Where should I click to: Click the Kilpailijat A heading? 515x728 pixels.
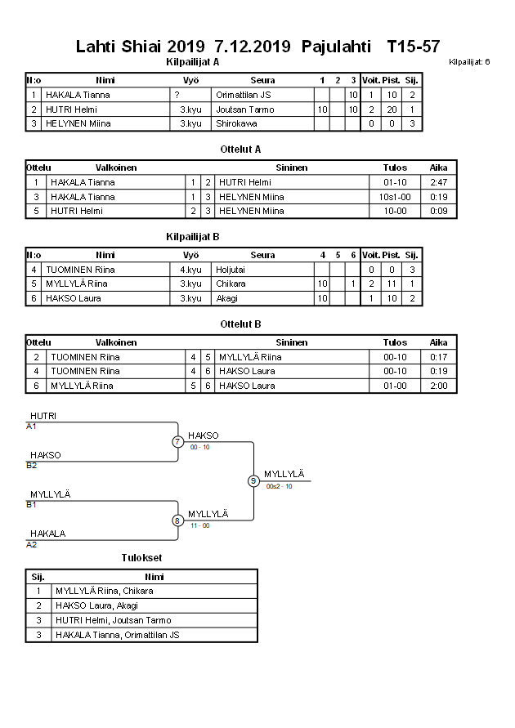coord(192,61)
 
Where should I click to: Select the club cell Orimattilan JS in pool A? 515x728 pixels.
coord(244,95)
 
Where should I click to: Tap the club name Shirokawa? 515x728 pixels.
coord(238,124)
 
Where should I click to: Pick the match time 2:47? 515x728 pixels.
coord(438,182)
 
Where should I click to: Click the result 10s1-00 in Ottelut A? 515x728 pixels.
coord(395,197)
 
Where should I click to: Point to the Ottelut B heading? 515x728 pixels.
coord(240,324)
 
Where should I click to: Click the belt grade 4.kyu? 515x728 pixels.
coord(190,270)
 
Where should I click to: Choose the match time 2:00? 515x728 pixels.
coord(438,386)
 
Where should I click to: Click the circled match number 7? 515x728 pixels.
coord(177,442)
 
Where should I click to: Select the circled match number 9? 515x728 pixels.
coord(253,480)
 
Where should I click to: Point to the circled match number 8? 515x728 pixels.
coord(177,520)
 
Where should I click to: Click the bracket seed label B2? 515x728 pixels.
coord(32,466)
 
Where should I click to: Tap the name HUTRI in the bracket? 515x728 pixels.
coord(43,416)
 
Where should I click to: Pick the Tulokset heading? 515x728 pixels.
coord(141,558)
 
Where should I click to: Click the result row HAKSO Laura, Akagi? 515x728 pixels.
coord(96,605)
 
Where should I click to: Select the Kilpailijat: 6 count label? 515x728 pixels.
coord(469,62)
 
